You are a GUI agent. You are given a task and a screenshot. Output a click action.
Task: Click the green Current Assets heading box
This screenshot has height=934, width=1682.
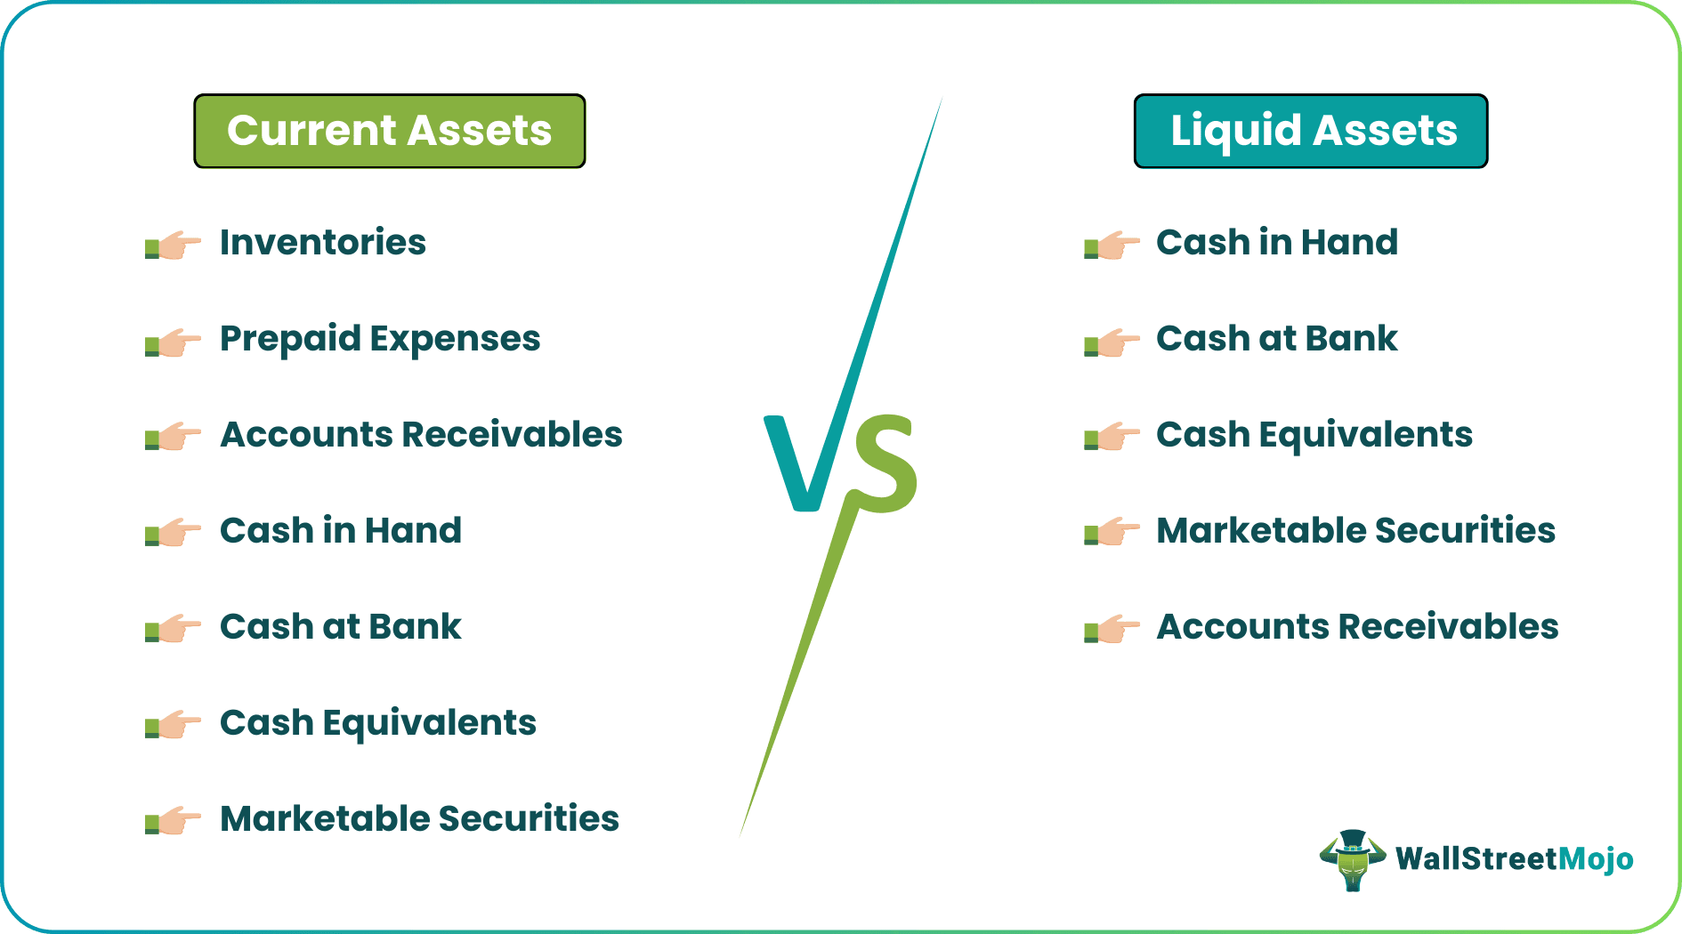click(x=390, y=131)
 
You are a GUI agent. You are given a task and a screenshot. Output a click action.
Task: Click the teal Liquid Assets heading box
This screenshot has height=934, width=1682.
click(x=1311, y=131)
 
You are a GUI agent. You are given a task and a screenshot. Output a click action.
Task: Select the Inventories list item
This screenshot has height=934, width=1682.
click(x=323, y=242)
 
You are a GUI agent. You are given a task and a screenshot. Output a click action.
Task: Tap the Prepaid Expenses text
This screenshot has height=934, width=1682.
click(x=380, y=339)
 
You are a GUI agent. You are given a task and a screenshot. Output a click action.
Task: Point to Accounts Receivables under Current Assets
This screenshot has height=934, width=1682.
click(x=421, y=434)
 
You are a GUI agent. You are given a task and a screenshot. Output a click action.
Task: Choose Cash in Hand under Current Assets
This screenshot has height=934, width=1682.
click(x=341, y=530)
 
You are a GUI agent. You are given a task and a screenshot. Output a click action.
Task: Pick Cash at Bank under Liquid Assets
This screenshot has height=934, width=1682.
click(x=1277, y=338)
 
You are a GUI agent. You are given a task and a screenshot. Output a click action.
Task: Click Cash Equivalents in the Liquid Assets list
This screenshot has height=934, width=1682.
click(x=1314, y=435)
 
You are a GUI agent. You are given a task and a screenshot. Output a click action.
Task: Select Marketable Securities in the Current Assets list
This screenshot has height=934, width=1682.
click(x=419, y=818)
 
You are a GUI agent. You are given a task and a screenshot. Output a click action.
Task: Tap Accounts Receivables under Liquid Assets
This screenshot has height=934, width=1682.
click(x=1357, y=626)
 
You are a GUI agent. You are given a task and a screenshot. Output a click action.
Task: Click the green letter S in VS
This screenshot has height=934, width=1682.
click(x=881, y=463)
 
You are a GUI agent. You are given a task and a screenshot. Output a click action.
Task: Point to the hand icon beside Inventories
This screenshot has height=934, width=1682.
click(x=173, y=245)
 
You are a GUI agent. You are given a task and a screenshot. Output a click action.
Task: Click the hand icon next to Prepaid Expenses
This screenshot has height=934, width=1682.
click(x=173, y=341)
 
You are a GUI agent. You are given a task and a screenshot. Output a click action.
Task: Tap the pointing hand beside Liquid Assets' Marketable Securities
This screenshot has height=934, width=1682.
click(x=1112, y=532)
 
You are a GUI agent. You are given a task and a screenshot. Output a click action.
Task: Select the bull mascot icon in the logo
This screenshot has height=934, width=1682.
click(x=1353, y=859)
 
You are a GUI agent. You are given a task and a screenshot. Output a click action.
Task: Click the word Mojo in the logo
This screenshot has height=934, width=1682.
click(x=1597, y=858)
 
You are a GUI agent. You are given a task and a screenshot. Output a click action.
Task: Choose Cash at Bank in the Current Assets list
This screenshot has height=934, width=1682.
click(x=341, y=626)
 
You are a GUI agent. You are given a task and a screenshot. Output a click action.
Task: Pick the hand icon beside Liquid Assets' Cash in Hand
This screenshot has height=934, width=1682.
click(x=1112, y=245)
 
